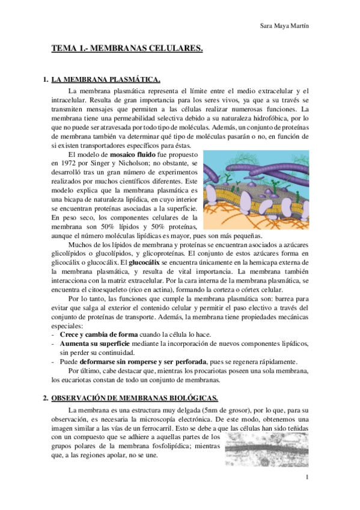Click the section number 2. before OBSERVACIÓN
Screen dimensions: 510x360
46,398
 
